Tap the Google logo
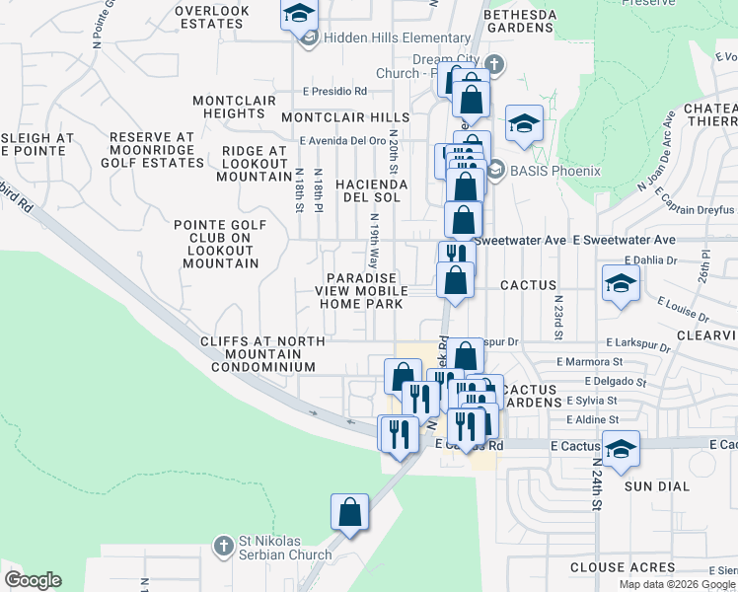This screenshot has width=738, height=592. (x=33, y=580)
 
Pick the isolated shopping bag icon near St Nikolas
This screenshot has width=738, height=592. (x=349, y=513)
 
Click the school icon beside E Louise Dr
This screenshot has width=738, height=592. (x=620, y=284)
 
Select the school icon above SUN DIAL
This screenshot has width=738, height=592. (x=620, y=450)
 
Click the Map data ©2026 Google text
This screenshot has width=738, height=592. (x=676, y=584)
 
